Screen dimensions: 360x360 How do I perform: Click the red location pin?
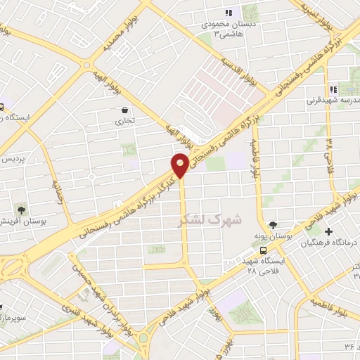[x=180, y=165]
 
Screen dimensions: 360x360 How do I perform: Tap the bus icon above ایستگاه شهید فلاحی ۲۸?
[x=262, y=250]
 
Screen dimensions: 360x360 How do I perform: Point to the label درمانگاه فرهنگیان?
[x=330, y=243]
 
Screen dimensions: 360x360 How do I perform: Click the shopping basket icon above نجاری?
[x=124, y=110]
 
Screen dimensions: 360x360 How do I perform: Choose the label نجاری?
[x=124, y=121]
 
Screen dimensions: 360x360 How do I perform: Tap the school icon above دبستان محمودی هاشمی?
[x=228, y=13]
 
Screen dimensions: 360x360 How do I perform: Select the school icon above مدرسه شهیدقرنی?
[x=334, y=89]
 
